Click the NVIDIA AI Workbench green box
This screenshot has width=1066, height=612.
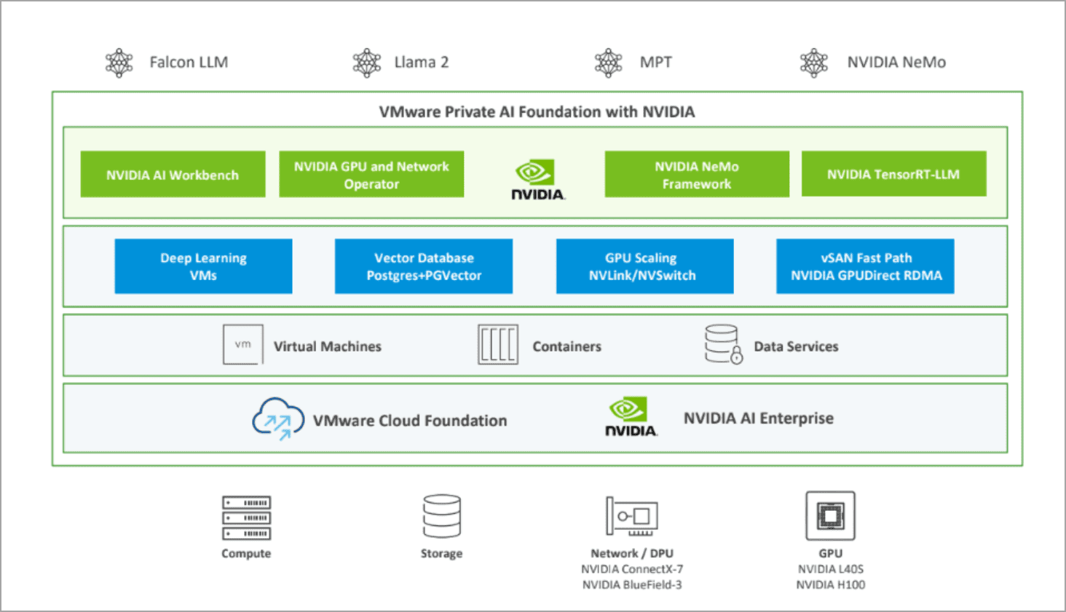(x=173, y=175)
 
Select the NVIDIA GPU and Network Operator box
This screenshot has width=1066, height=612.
(x=371, y=175)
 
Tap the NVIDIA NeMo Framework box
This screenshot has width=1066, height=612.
(x=697, y=175)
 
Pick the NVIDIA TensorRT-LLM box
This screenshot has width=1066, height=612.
(x=893, y=174)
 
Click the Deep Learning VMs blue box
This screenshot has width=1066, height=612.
(x=203, y=266)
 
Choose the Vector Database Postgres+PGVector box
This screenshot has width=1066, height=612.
(x=424, y=266)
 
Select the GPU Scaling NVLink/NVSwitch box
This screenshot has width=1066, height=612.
(x=644, y=266)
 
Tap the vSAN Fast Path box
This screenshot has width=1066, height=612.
(x=865, y=266)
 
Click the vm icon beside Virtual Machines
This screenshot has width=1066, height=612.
(x=243, y=344)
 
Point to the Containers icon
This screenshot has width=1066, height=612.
(x=498, y=344)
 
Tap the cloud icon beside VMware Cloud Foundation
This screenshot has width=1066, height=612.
(x=278, y=418)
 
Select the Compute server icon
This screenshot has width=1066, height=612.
(x=246, y=517)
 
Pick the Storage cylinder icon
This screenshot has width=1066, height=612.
(x=441, y=516)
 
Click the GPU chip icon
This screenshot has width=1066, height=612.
(x=830, y=516)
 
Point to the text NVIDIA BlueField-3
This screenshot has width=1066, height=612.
(x=632, y=585)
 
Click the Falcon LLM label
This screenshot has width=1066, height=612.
(x=189, y=63)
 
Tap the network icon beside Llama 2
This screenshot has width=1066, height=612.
(x=367, y=63)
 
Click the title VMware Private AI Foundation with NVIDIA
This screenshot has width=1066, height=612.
(x=537, y=112)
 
